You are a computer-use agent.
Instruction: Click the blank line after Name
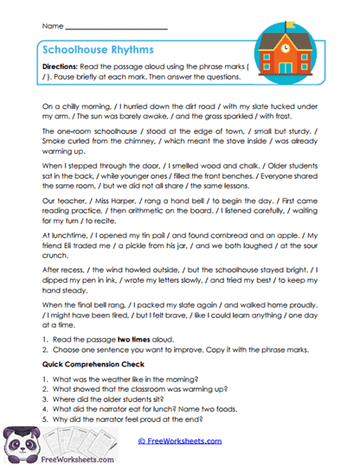point(117,28)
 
